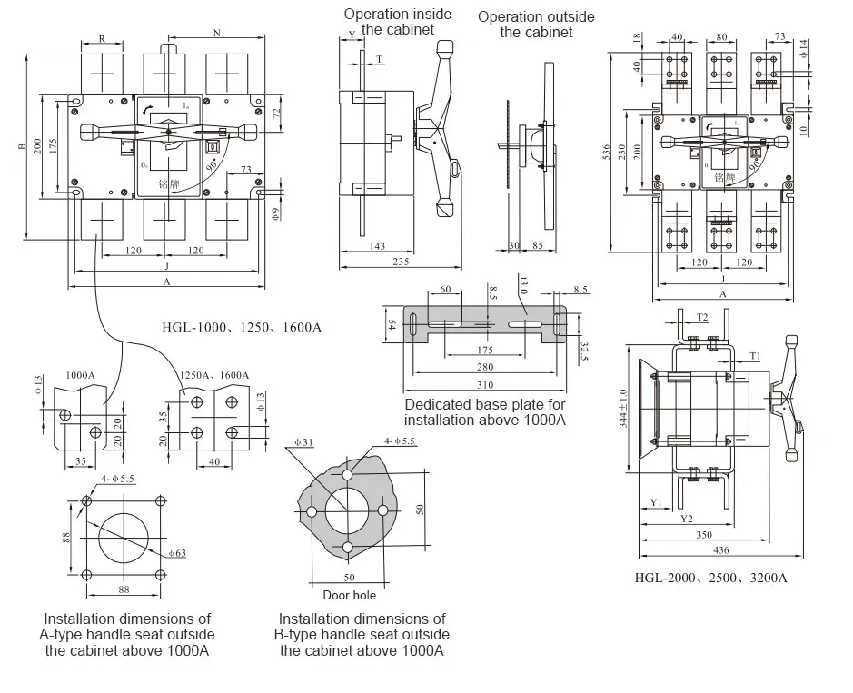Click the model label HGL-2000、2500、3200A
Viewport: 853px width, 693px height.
[x=710, y=578]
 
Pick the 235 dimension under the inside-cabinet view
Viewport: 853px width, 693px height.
[x=400, y=262]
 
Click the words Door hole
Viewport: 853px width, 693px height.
[x=349, y=596]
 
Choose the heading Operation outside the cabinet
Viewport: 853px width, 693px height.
[x=536, y=25]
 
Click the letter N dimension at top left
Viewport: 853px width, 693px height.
[x=217, y=33]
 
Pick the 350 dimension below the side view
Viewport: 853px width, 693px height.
[x=705, y=536]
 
